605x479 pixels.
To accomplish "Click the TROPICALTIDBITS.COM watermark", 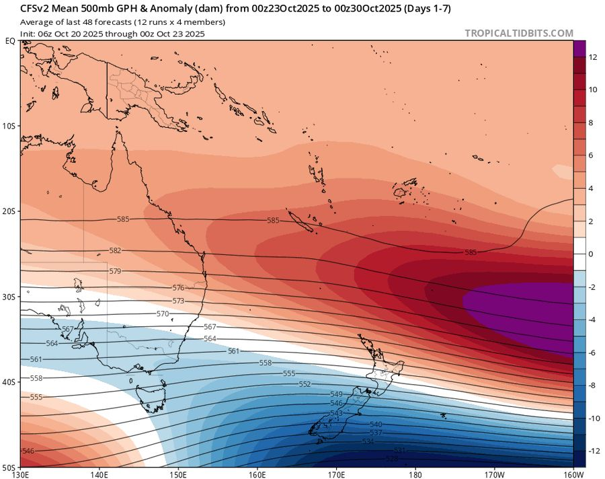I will [x=519, y=33].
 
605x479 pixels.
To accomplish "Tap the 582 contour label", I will [x=116, y=250].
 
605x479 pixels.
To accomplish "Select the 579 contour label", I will [x=115, y=271].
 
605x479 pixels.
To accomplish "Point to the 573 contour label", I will [x=178, y=301].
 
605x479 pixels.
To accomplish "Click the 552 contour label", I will [x=305, y=384].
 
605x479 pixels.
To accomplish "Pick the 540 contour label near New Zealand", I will [x=376, y=425].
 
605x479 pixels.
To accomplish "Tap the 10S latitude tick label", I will [x=10, y=126].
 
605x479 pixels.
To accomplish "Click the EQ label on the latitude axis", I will [x=10, y=41].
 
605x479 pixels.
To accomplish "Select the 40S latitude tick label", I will [x=10, y=381].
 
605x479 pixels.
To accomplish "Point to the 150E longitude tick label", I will [x=178, y=474].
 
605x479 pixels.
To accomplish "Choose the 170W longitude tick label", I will [x=494, y=474].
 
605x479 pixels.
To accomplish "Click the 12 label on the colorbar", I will [x=594, y=57].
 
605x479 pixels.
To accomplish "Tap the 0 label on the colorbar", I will [x=592, y=254].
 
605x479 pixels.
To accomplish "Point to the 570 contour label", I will [x=163, y=314].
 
